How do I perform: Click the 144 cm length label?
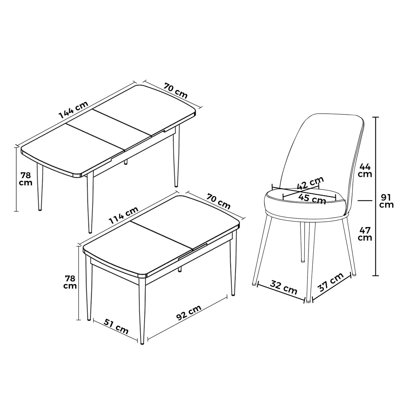(x=74, y=109)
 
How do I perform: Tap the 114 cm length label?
(x=123, y=216)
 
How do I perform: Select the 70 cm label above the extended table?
(x=175, y=91)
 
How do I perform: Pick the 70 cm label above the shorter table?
(x=219, y=201)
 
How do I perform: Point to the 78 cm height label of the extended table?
(x=25, y=179)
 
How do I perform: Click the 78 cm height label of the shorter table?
(x=70, y=282)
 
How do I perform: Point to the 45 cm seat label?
(x=312, y=198)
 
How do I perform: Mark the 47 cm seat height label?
(x=365, y=234)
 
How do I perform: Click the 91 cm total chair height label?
(x=386, y=201)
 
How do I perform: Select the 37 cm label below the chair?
(x=330, y=283)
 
